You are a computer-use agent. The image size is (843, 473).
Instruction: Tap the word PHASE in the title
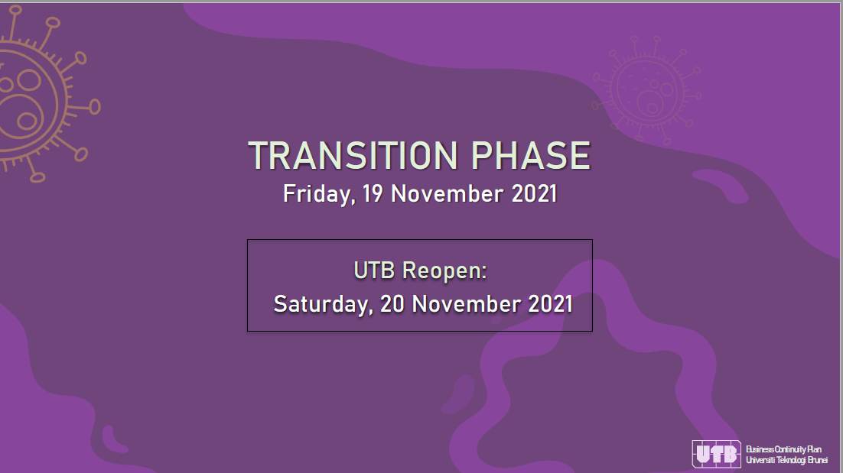coord(531,156)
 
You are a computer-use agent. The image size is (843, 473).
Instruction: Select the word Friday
coord(319,194)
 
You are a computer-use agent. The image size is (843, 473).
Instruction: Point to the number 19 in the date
coord(373,194)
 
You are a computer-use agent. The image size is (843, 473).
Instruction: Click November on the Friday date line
coord(448,194)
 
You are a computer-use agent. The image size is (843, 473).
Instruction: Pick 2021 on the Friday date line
coord(534,194)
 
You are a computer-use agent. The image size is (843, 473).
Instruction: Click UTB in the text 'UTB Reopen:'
coord(374,271)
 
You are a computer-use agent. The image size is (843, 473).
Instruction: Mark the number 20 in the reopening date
coord(392,304)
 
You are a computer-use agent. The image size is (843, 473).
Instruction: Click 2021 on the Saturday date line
coord(551,304)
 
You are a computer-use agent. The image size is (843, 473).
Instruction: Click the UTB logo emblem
coord(716,454)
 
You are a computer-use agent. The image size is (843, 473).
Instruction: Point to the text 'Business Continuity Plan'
coord(783,449)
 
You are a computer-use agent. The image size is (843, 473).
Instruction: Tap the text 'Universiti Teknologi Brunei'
coord(786,460)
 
